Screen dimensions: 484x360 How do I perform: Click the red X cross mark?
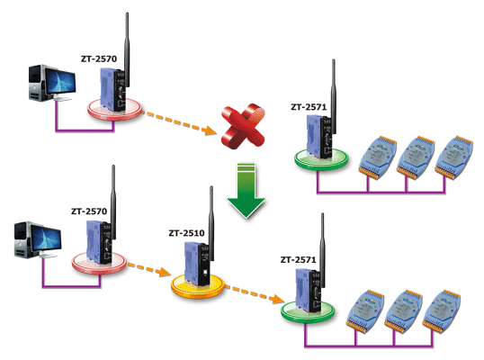(x=243, y=126)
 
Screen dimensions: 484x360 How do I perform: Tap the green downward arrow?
(x=246, y=190)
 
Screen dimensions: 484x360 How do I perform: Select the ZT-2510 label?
(x=186, y=233)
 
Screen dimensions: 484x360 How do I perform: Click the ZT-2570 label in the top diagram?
(x=99, y=58)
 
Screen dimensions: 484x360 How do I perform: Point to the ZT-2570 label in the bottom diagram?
(x=89, y=211)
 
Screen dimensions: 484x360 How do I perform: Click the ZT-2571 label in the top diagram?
(x=309, y=107)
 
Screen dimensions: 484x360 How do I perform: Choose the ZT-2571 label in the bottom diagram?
(x=298, y=260)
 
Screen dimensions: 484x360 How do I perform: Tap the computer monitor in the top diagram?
(x=60, y=81)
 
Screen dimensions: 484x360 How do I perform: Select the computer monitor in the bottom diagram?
(x=46, y=238)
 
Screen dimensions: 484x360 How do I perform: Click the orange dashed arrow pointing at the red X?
(x=179, y=123)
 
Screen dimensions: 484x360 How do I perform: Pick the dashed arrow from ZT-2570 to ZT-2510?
(x=148, y=269)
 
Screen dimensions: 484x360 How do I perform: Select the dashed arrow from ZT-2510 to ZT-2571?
(x=255, y=293)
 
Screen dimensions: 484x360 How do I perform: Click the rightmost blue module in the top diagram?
(x=453, y=157)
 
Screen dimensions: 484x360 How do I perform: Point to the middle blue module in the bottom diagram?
(x=404, y=311)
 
